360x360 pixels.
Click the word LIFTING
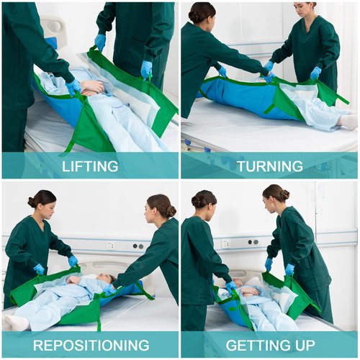[90, 166]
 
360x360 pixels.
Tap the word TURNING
[269, 166]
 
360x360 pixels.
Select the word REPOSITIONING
[90, 345]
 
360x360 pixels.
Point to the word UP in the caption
[300, 345]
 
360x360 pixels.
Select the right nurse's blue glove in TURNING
[315, 73]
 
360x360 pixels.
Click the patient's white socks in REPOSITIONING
[15, 322]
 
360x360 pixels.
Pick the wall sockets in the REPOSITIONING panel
[137, 246]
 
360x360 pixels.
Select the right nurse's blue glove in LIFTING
[146, 69]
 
